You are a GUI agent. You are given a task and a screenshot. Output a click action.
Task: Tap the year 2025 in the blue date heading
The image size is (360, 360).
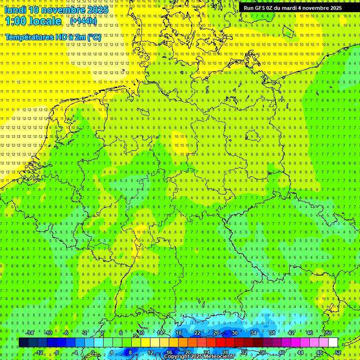pyautogui.click(x=97, y=10)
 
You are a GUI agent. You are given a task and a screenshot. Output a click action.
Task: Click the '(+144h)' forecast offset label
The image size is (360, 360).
pyautogui.click(x=83, y=21)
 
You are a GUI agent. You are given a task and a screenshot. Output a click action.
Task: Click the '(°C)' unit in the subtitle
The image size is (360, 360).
pyautogui.click(x=94, y=37)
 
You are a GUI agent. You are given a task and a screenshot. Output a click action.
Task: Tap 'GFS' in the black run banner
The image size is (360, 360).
pyautogui.click(x=260, y=8)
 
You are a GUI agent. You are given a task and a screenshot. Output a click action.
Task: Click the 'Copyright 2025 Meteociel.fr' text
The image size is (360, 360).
pyautogui.click(x=199, y=357)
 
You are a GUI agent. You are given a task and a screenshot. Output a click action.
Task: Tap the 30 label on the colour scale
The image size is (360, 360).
pyautogui.click(x=235, y=333)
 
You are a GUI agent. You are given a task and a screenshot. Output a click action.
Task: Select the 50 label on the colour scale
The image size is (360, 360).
pyautogui.click(x=329, y=333)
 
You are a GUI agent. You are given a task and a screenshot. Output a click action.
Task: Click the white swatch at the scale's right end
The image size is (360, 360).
pyautogui.click(x=333, y=343)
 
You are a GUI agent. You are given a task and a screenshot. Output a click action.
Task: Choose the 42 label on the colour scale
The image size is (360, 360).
pyautogui.click(x=291, y=333)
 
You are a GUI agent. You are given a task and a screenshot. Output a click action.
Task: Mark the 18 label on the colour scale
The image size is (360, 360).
pyautogui.click(x=179, y=333)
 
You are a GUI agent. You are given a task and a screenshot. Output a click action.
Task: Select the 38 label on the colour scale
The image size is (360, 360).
pyautogui.click(x=272, y=333)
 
